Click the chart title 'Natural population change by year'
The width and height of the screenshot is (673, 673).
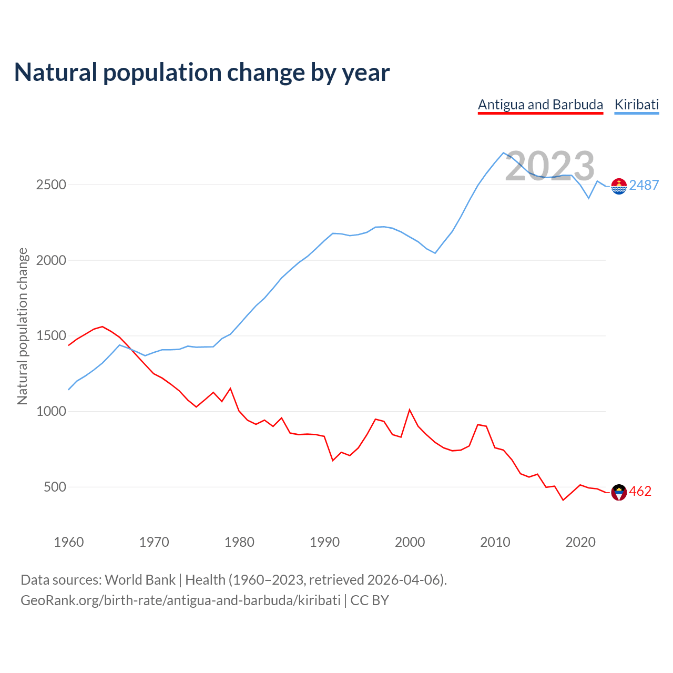click(x=202, y=73)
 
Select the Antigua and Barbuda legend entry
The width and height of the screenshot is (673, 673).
click(x=540, y=105)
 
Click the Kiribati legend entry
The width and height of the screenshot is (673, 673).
click(x=636, y=105)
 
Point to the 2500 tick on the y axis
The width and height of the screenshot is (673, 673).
click(x=51, y=185)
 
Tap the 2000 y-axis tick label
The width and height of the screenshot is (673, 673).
click(x=51, y=260)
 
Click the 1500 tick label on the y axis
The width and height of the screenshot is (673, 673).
click(x=51, y=336)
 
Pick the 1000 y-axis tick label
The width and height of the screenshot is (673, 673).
click(x=51, y=411)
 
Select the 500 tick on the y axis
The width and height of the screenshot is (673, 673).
click(x=55, y=487)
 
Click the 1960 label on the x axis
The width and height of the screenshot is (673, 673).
click(x=69, y=542)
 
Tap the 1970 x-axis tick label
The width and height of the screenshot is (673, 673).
click(x=154, y=542)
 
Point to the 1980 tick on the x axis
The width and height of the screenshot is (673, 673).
click(x=239, y=542)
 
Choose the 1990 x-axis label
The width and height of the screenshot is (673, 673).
click(x=324, y=542)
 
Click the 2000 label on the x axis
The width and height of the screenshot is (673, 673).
click(x=410, y=542)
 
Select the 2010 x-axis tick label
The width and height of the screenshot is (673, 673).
click(x=495, y=542)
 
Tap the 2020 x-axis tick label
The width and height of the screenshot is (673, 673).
click(x=580, y=542)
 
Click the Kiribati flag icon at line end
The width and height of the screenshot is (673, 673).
click(x=619, y=186)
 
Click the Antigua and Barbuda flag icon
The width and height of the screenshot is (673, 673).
click(x=619, y=492)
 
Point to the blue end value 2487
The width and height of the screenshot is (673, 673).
click(x=644, y=185)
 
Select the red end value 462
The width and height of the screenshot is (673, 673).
click(x=640, y=491)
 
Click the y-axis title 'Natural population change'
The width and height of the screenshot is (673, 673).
click(x=23, y=326)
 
